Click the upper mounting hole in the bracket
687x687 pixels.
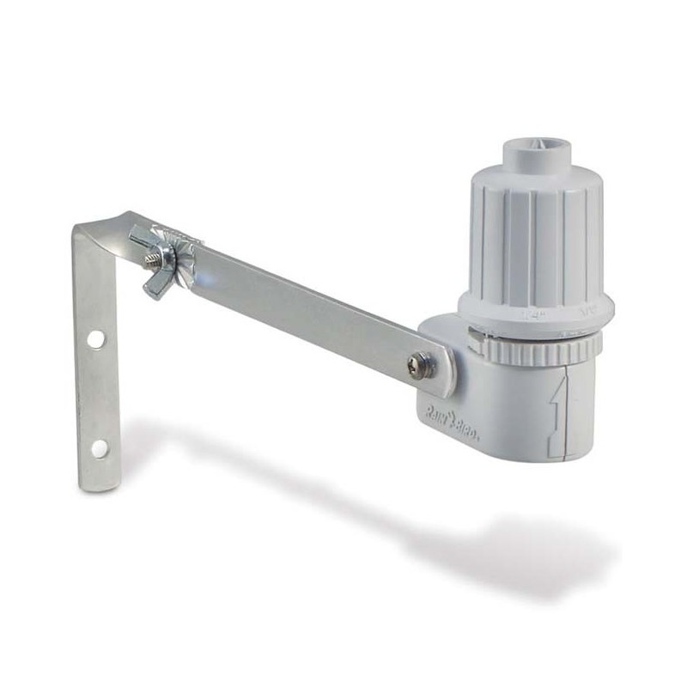95,339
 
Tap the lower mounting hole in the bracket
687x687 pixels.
100,447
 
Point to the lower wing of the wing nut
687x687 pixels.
155,287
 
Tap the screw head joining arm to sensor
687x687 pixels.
421,364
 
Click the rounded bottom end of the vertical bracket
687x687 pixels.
100,481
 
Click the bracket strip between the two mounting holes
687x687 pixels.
97,393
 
